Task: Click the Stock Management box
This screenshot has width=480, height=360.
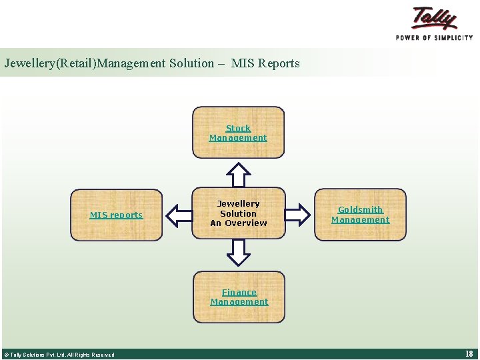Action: pyautogui.click(x=238, y=133)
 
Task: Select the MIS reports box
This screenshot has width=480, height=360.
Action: pyautogui.click(x=116, y=215)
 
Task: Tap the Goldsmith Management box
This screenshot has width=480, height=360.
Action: pyautogui.click(x=360, y=215)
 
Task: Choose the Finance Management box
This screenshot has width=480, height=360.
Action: pyautogui.click(x=239, y=297)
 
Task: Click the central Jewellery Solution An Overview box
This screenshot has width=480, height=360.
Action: pyautogui.click(x=238, y=213)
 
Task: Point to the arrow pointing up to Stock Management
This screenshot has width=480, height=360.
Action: pyautogui.click(x=238, y=175)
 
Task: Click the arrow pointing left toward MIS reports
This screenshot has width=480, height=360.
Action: pyautogui.click(x=178, y=215)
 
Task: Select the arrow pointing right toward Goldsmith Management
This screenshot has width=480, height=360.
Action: pyautogui.click(x=298, y=214)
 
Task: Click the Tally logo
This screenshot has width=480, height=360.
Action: pyautogui.click(x=434, y=18)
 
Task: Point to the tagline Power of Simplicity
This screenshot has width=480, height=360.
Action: pyautogui.click(x=434, y=37)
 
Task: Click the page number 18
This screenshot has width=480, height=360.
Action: pyautogui.click(x=469, y=354)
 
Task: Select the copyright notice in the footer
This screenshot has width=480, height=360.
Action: pyautogui.click(x=59, y=355)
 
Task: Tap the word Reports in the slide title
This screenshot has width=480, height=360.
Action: pyautogui.click(x=279, y=64)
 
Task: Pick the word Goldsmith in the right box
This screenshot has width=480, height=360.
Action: pyautogui.click(x=360, y=209)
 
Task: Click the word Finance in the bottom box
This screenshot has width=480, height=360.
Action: pyautogui.click(x=239, y=292)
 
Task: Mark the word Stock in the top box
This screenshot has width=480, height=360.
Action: pyautogui.click(x=238, y=128)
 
